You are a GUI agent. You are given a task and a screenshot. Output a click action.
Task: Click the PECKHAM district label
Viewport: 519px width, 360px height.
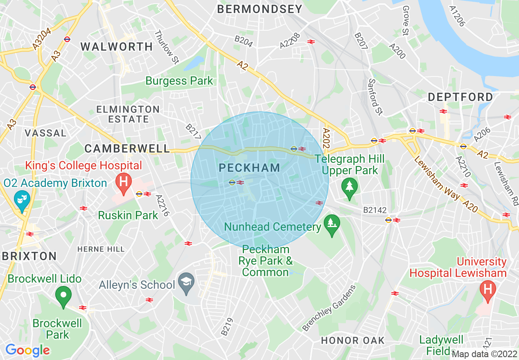click(x=249, y=167)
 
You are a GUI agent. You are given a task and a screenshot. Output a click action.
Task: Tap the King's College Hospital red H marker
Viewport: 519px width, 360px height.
click(x=123, y=183)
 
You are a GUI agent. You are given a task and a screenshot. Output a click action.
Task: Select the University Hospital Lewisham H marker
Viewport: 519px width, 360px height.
click(x=487, y=291)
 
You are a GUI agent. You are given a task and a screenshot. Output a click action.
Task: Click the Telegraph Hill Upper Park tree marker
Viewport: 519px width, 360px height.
click(x=349, y=188)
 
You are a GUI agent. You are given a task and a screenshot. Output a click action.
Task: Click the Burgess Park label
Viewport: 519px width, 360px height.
click(x=179, y=81)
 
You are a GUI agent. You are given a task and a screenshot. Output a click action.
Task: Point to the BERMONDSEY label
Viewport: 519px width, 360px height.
click(x=259, y=9)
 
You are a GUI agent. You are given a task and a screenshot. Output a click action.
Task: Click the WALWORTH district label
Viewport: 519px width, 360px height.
click(x=117, y=47)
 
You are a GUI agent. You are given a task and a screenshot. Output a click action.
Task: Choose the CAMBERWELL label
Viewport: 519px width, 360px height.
click(x=127, y=148)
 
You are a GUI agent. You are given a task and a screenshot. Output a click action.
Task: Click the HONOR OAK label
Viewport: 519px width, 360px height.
click(x=353, y=340)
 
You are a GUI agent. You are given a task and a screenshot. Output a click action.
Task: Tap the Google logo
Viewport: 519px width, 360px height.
click(x=27, y=350)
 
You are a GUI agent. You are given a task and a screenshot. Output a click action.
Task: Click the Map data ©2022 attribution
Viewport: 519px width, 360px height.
click(x=485, y=354)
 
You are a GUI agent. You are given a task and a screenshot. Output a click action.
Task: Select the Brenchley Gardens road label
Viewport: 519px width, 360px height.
click(x=329, y=308)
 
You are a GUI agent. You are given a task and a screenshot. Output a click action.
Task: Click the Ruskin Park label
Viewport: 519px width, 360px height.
click(x=128, y=215)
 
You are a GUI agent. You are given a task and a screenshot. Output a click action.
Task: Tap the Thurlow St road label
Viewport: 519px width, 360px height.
click(x=167, y=47)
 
